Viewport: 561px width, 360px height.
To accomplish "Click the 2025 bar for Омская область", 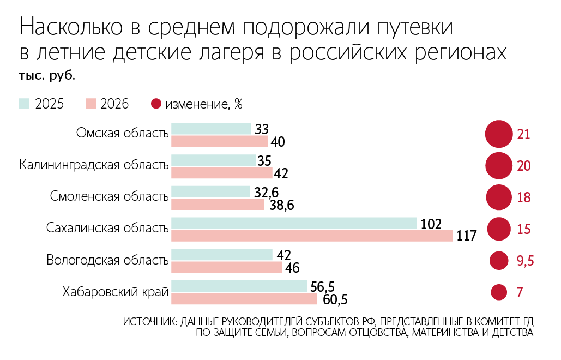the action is point(211,129).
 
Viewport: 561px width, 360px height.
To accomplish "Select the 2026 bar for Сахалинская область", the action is point(312,236).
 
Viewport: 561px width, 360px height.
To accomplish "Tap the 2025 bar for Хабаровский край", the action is point(239,286).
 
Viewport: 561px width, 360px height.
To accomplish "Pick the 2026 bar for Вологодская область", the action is point(227,267).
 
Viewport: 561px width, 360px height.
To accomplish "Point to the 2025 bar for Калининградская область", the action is point(214,160).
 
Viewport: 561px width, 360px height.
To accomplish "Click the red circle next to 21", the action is point(499,134).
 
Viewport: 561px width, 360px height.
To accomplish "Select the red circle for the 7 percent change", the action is point(499,292).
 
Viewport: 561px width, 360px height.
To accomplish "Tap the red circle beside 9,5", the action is point(499,261).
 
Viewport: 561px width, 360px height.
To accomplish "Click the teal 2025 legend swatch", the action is point(24,104).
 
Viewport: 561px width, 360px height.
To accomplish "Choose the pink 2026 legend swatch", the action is point(91,104).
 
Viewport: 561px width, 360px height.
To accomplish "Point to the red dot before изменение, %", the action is point(156,104).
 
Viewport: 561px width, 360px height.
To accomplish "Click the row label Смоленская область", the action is point(109,196).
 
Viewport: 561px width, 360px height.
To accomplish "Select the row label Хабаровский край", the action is point(115,292).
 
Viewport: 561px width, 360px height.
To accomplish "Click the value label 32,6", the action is point(266,193).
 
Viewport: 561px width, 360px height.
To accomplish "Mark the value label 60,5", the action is point(335,299).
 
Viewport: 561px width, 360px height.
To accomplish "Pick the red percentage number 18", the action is point(524,197).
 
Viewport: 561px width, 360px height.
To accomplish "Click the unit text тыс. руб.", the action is point(47,75).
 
